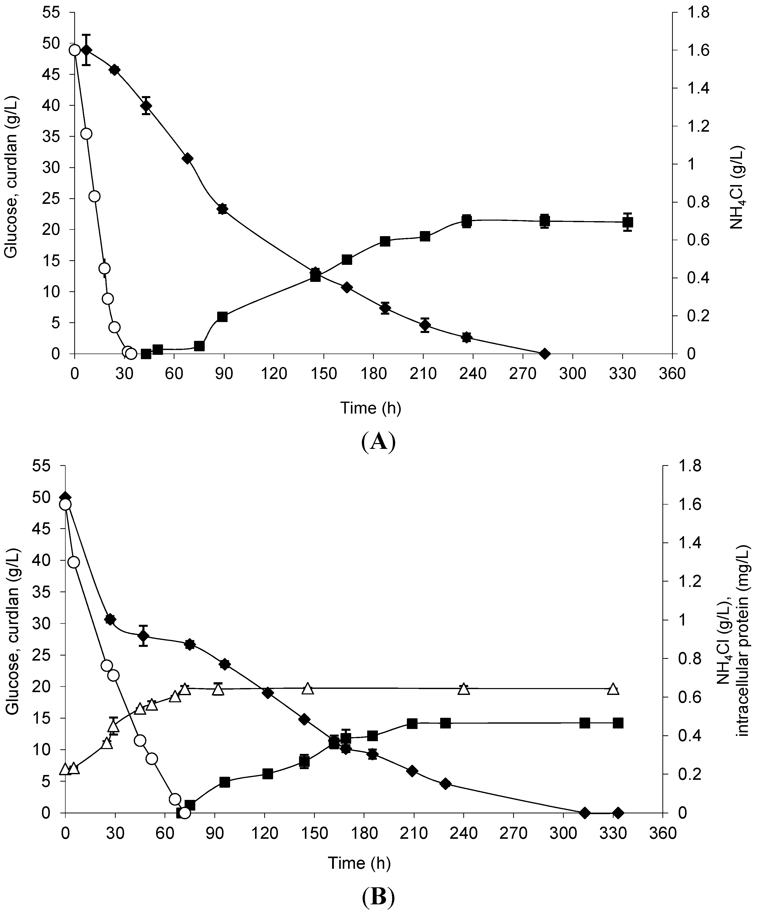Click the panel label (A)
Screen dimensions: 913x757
click(378, 442)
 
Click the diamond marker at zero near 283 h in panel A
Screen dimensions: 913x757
click(544, 354)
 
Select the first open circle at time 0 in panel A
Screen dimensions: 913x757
click(75, 50)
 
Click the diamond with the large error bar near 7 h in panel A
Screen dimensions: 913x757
click(86, 50)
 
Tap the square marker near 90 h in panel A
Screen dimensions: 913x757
click(222, 316)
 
